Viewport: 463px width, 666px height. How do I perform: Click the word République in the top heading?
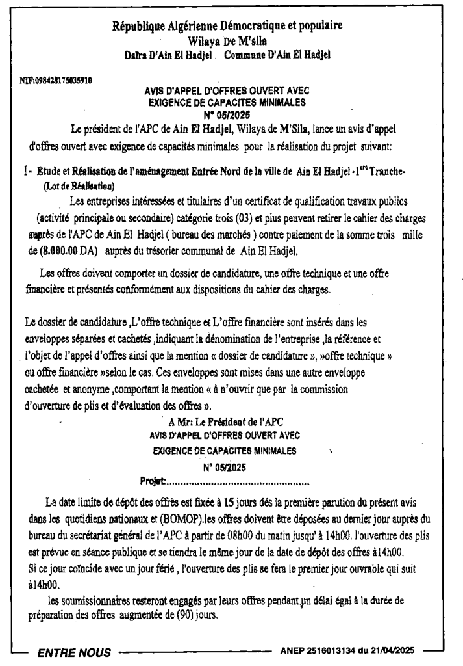140,27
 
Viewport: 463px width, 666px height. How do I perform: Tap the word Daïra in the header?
138,57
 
